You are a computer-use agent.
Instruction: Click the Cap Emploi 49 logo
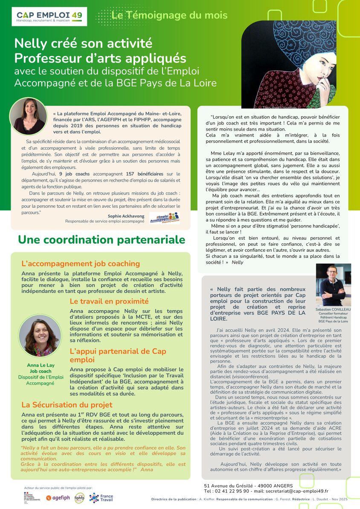click(49, 17)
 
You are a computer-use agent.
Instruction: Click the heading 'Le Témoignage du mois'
click(169, 16)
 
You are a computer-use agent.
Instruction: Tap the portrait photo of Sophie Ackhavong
click(29, 116)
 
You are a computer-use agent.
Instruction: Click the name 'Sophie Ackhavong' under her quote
click(126, 216)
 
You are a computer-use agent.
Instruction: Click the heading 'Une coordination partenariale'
click(102, 240)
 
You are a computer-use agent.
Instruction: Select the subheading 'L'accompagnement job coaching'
click(81, 264)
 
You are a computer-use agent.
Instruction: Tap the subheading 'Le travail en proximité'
click(109, 301)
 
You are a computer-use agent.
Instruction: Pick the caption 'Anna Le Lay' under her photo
click(40, 365)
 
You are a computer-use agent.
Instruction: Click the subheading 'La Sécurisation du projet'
click(67, 404)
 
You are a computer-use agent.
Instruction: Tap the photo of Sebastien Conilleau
click(333, 285)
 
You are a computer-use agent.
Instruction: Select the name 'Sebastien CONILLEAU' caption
click(333, 309)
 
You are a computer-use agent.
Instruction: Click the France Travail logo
click(101, 497)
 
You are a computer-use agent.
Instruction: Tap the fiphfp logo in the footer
click(79, 497)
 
